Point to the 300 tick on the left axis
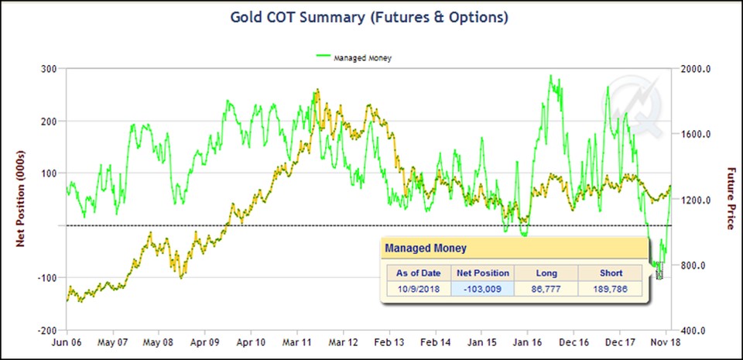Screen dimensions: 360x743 50,69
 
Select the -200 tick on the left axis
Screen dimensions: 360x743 48,330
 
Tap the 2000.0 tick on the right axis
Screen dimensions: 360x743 693,69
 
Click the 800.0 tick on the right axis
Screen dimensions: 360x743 691,265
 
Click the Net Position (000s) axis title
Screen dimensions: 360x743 24,199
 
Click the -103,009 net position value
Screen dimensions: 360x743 482,289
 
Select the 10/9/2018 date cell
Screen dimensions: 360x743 418,289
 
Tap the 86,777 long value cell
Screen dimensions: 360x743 544,289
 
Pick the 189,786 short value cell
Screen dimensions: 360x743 611,289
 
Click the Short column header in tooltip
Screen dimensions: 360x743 611,273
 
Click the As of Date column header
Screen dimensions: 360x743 418,273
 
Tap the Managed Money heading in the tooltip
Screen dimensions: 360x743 426,249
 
